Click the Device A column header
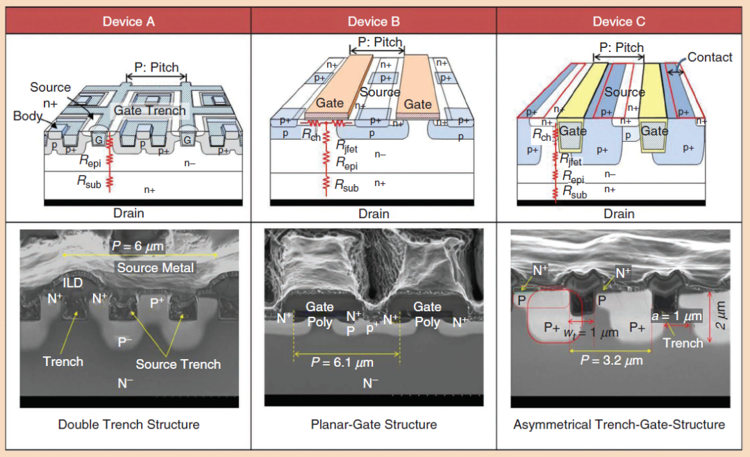[128, 22]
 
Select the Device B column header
[374, 22]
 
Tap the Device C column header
[619, 22]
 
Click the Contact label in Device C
[710, 58]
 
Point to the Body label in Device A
[28, 116]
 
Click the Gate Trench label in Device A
[150, 110]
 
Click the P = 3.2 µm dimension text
[612, 360]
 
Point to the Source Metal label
[156, 267]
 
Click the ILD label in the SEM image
[73, 283]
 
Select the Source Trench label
[178, 364]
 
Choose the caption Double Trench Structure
[128, 424]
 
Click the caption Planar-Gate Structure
[374, 424]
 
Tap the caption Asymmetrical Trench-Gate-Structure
[619, 424]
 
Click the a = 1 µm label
[677, 317]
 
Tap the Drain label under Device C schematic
[619, 214]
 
